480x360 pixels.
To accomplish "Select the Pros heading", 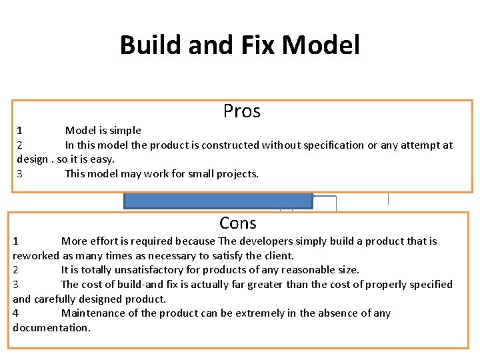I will (x=241, y=111).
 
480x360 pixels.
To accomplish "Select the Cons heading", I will (x=238, y=223).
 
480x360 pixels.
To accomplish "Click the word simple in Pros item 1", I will (x=125, y=131).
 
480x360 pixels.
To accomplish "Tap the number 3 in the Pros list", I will (x=20, y=173).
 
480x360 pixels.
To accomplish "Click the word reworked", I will (x=36, y=255).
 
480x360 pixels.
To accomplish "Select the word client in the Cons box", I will (x=277, y=255).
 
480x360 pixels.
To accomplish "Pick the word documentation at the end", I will (x=51, y=327).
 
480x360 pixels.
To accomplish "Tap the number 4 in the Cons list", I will (x=16, y=313).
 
